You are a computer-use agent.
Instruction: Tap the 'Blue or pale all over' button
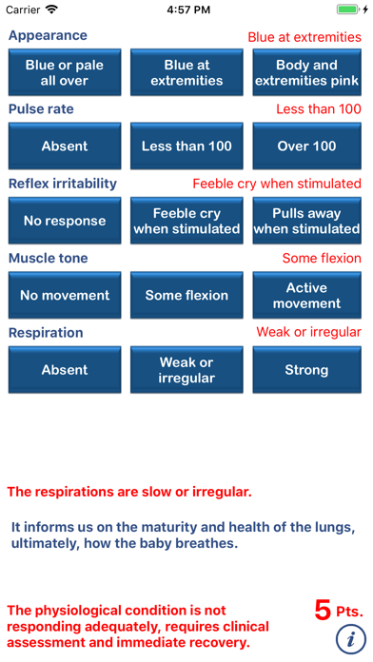[x=65, y=72]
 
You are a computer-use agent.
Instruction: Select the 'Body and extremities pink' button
[x=306, y=72]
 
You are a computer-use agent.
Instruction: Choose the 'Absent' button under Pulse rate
[x=65, y=146]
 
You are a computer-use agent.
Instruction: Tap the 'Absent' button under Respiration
[x=65, y=370]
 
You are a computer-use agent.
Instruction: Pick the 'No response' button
[x=65, y=221]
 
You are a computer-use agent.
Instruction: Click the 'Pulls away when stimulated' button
[x=306, y=221]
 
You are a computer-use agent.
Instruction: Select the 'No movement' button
[x=65, y=296]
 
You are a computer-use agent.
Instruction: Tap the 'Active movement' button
[x=306, y=296]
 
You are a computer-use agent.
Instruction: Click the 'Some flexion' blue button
[x=186, y=296]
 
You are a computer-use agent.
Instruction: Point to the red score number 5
[x=323, y=609]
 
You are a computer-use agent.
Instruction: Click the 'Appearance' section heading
[x=48, y=35]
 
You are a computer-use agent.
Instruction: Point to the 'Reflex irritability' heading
[x=63, y=184]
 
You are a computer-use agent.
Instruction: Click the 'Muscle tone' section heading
[x=48, y=258]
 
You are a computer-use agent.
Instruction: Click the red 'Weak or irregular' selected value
[x=308, y=332]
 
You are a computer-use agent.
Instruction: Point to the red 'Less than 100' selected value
[x=318, y=109]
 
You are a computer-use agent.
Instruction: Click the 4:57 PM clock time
[x=186, y=10]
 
